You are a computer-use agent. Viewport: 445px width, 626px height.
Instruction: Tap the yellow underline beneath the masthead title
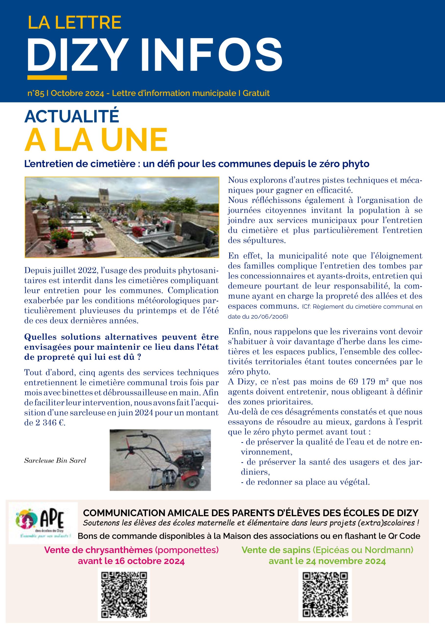(47, 78)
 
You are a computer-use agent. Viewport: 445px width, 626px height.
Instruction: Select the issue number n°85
(36, 94)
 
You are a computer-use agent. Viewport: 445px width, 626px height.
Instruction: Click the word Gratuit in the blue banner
(256, 93)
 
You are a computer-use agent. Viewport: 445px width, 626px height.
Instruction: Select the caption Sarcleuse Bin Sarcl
(55, 460)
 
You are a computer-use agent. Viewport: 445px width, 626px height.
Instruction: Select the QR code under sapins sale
(325, 594)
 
